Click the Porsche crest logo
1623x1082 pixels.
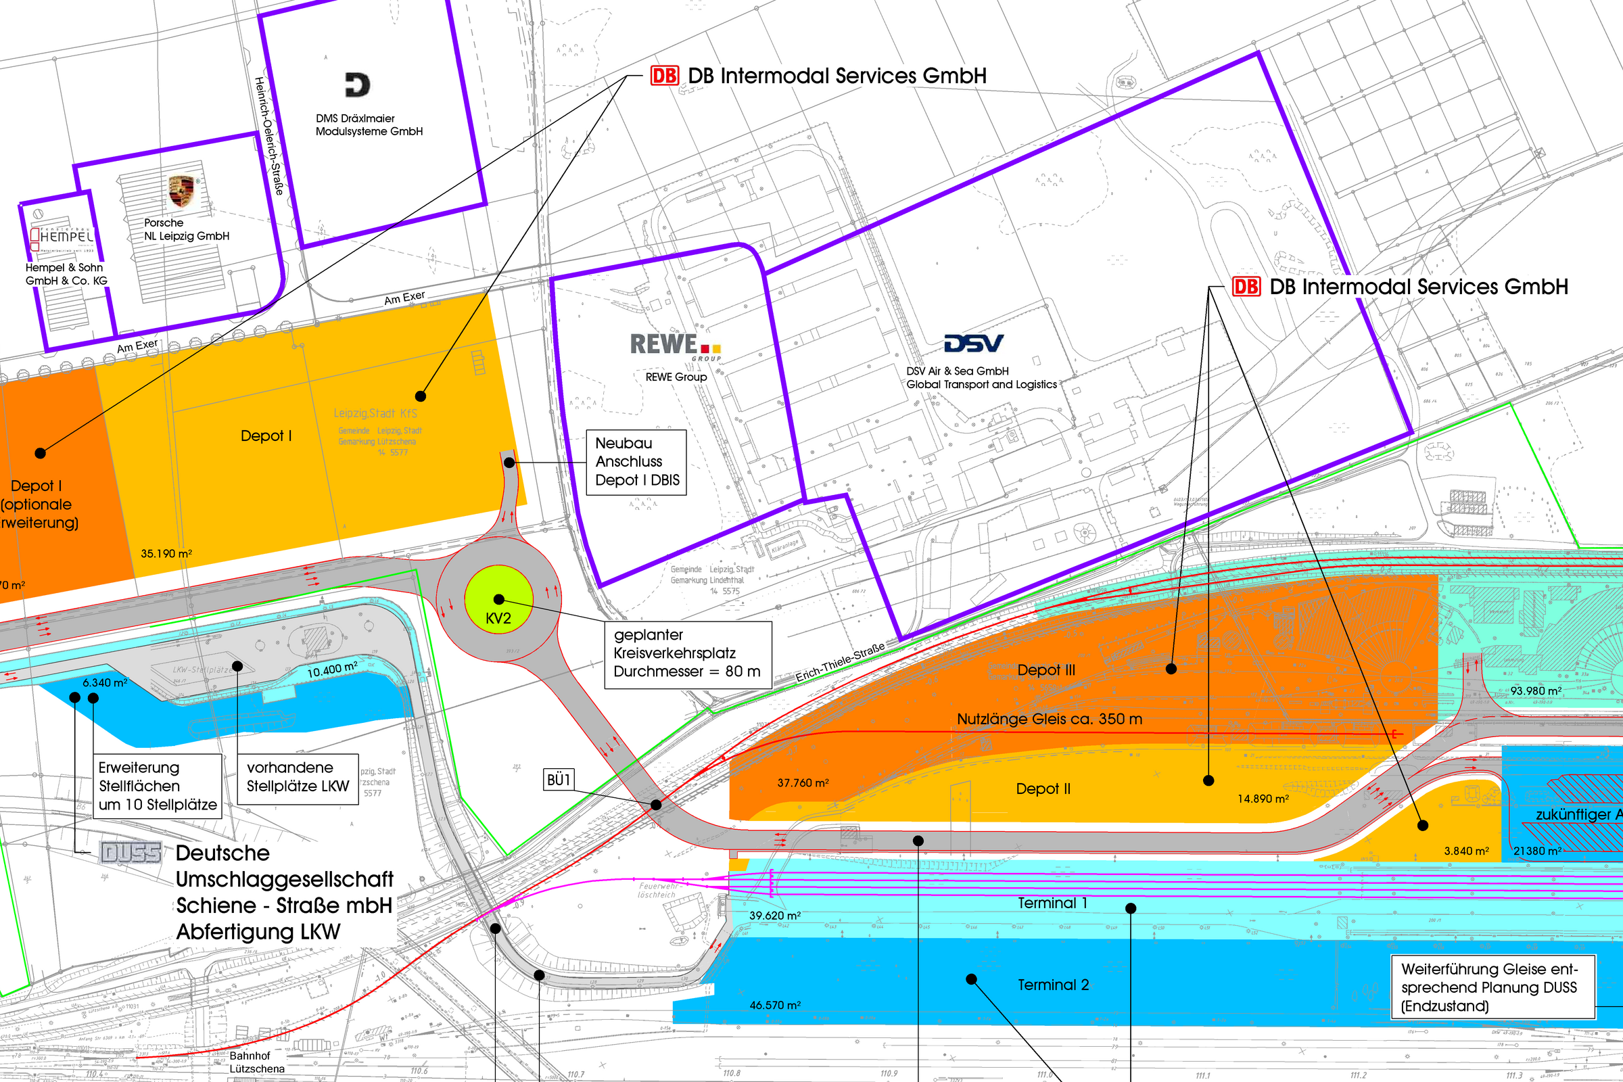pos(181,191)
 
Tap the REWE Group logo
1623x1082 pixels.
pos(675,346)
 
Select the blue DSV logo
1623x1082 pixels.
pos(974,343)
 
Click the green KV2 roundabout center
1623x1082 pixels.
pos(498,599)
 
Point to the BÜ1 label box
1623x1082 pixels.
pos(559,780)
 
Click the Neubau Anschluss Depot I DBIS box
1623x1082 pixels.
pos(636,462)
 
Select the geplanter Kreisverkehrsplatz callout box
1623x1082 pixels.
pos(687,653)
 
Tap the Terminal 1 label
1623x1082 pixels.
pos(1052,903)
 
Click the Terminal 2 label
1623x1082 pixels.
pos(1053,985)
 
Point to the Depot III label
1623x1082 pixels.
pos(1045,670)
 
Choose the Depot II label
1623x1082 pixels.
pos(1043,789)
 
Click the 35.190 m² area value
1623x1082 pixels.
pos(166,553)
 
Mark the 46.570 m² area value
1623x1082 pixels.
pos(775,1006)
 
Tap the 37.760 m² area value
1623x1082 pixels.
pos(803,783)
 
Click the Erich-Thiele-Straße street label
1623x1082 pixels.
pos(840,663)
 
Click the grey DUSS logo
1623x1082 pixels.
pos(131,853)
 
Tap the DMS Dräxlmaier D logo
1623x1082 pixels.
pos(358,85)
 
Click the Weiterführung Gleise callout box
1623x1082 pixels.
pos(1492,987)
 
